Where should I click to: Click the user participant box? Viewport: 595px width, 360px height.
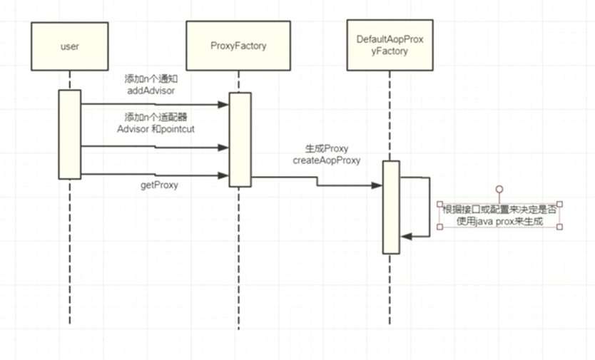coord(70,47)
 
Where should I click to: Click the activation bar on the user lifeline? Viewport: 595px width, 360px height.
coord(70,134)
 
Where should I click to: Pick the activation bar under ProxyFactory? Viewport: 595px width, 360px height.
coord(240,140)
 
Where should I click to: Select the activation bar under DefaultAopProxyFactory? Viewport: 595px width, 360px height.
coord(390,207)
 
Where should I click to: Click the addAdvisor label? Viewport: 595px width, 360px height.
coord(151,92)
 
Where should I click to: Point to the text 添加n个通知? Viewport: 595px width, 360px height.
coord(151,80)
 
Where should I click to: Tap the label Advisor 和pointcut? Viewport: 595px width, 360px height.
coord(156,129)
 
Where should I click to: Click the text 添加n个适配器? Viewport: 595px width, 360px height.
coord(156,117)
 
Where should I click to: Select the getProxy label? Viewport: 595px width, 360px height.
coord(158,185)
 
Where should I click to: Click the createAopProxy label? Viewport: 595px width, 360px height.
coord(327,161)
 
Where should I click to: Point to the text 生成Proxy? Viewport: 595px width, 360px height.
coord(326,149)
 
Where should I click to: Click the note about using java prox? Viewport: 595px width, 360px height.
coord(499,215)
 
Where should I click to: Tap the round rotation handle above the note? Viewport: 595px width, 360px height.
coord(499,190)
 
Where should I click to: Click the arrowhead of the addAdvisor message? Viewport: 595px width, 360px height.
coord(224,105)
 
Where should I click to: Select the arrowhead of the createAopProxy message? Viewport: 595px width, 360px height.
coord(377,185)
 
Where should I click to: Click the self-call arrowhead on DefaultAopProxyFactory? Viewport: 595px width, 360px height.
coord(404,237)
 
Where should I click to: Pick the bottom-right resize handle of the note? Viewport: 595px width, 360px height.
coord(559,227)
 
